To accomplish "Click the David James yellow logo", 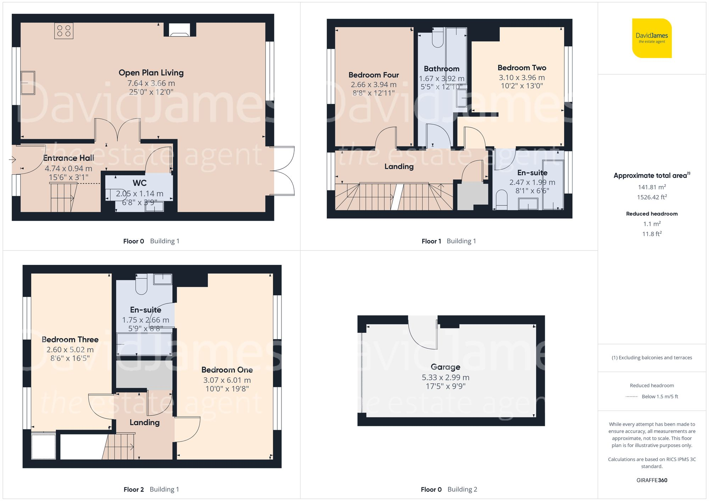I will (x=652, y=38).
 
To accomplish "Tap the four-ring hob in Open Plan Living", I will (x=64, y=31).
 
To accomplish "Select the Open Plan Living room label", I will (x=151, y=73).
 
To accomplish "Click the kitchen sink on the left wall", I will (x=28, y=83).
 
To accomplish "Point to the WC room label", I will (x=139, y=183).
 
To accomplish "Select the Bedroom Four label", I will (x=374, y=75).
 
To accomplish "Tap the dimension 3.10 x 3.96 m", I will (x=521, y=78).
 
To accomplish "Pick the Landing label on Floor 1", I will (x=399, y=166).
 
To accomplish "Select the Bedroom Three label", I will (x=70, y=340).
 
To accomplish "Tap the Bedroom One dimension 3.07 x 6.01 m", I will (x=227, y=380).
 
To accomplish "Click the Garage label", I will (x=445, y=367).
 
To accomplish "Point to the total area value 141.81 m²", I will (x=652, y=187).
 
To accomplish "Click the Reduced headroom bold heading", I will (x=652, y=214).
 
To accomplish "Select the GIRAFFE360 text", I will (x=652, y=480).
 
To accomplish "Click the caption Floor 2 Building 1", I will (x=151, y=489).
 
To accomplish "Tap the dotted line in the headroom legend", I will (x=632, y=397).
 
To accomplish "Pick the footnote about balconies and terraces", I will (x=652, y=358).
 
